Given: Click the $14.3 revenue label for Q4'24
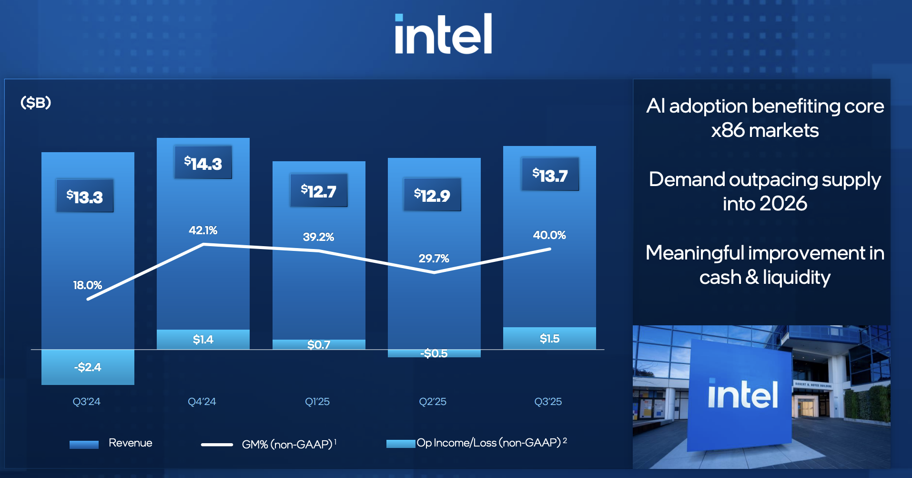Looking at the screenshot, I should (x=203, y=163).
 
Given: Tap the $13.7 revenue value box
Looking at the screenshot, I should (x=550, y=175).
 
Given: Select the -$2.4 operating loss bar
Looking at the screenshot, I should (x=88, y=367).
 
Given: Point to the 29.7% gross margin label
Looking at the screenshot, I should (x=434, y=259).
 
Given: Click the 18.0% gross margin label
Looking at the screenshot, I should (x=87, y=285).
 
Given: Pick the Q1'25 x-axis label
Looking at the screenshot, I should (x=317, y=402).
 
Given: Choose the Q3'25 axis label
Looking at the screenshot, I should (x=548, y=402).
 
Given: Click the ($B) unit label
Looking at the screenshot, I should (x=36, y=103).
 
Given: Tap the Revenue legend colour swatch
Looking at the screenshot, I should (x=84, y=445).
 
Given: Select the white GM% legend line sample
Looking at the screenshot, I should (x=217, y=445).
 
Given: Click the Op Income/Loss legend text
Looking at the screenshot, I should (x=488, y=443).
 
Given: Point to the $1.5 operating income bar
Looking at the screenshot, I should (x=549, y=339).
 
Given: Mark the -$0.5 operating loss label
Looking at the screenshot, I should (x=434, y=353).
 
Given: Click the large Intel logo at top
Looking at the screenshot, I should (x=443, y=34).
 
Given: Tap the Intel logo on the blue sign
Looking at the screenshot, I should (x=742, y=395).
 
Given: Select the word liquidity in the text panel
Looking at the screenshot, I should (x=796, y=277).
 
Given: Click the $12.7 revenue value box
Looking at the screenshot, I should (x=318, y=191).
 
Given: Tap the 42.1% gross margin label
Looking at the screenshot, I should (x=203, y=230).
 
